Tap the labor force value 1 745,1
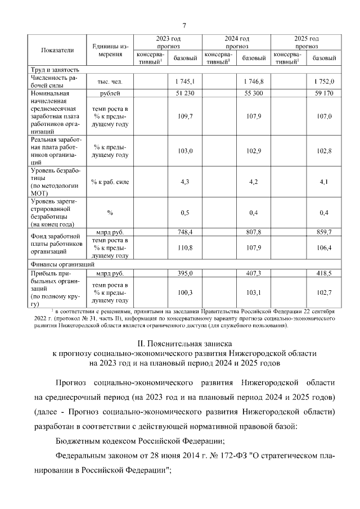tap(184, 82)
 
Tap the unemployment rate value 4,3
tap(184, 182)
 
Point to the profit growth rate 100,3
tap(184, 292)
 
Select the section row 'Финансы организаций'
tap(62, 263)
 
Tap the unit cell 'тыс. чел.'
tap(107, 82)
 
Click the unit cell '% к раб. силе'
tap(107, 182)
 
